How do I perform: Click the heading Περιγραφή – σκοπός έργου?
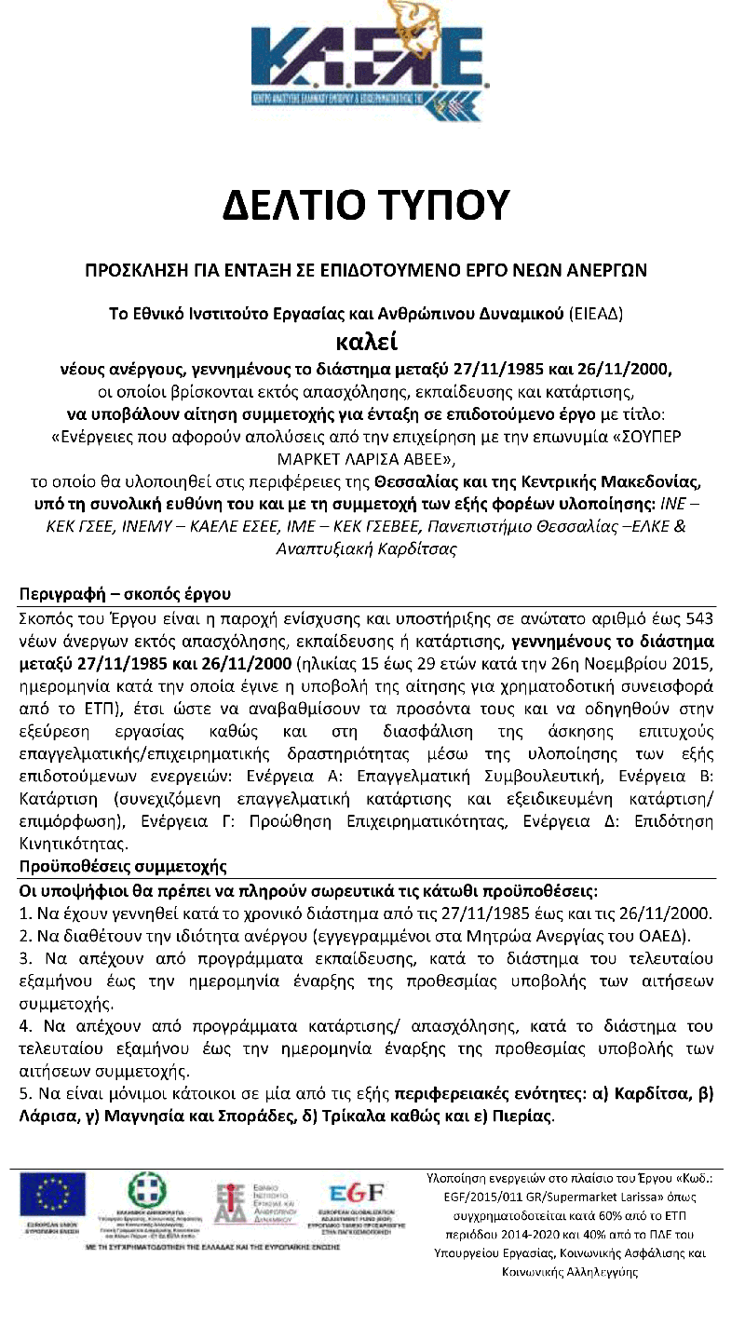(125, 594)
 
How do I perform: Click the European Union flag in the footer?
(52, 1195)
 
